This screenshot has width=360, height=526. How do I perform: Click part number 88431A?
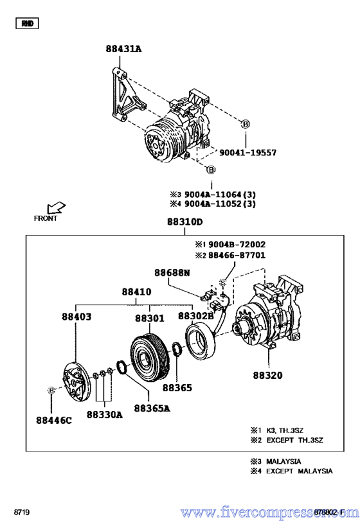124,49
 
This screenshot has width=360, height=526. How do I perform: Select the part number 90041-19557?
248,153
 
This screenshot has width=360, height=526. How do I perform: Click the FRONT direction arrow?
56,207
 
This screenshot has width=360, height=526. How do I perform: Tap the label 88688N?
172,273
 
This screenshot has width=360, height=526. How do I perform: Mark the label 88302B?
195,317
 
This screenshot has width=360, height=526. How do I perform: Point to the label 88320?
267,375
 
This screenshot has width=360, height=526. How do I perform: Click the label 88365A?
152,408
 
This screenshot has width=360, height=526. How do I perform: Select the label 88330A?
104,414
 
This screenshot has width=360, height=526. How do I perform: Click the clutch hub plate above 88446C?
75,380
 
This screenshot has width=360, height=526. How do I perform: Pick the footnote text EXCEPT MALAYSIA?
300,471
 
